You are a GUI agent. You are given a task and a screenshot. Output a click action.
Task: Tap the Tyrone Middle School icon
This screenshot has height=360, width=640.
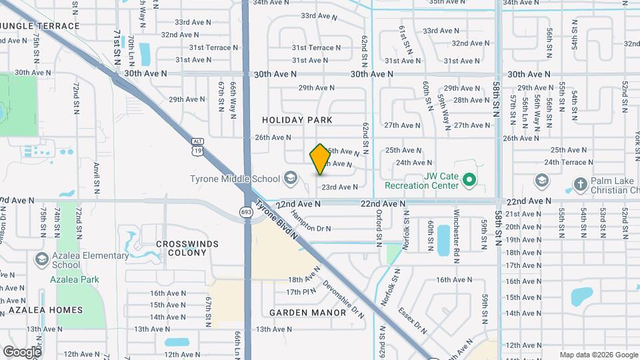290,178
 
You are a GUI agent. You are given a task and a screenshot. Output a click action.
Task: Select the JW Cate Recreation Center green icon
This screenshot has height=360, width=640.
469,179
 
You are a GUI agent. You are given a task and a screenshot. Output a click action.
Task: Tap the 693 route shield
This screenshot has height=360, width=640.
245,211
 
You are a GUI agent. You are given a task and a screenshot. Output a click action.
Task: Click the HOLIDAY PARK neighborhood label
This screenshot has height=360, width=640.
297,120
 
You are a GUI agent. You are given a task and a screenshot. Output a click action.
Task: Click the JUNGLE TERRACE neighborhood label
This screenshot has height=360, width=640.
40,26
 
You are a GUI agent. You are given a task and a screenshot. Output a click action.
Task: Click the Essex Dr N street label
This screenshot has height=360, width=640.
413,319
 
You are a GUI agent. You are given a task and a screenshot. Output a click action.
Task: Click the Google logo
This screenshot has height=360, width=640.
21,351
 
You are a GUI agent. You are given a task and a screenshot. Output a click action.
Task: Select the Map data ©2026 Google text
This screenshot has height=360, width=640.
598,355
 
